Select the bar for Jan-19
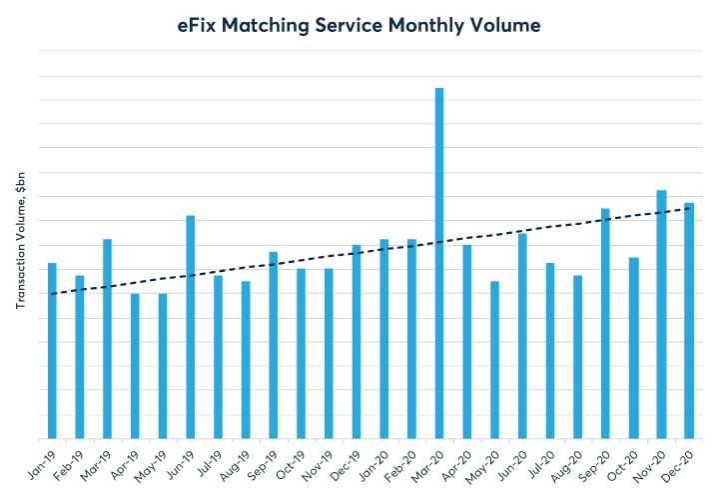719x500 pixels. tap(52, 350)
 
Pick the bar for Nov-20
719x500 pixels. tap(661, 314)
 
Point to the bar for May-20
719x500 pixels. tap(494, 360)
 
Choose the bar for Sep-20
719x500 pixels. tap(605, 323)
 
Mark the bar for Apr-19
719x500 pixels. tap(135, 366)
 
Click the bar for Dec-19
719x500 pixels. tap(357, 341)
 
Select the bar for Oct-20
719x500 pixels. tap(633, 348)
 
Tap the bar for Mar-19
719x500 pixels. tap(107, 339)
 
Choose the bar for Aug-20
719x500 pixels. tap(577, 357)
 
